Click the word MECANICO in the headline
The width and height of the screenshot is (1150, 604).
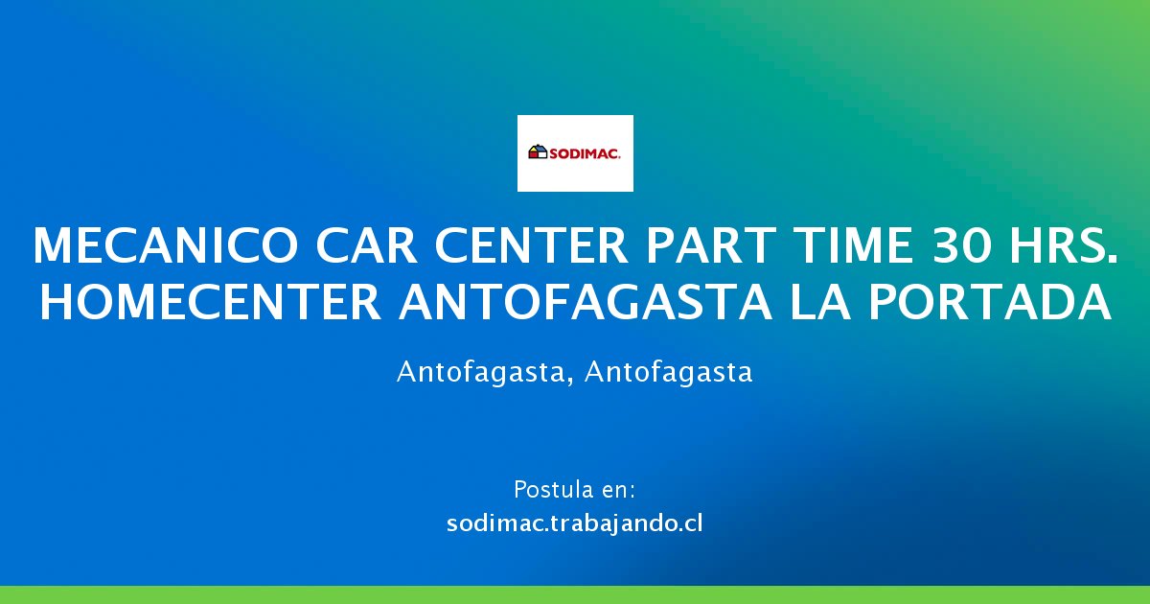165,245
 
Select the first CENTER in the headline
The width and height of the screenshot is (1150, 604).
531,245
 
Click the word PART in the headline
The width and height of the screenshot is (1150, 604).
711,245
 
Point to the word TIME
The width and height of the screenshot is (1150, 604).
853,245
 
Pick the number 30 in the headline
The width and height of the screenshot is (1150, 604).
960,245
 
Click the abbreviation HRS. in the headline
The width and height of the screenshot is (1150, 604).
1063,245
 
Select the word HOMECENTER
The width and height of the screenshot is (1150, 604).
211,302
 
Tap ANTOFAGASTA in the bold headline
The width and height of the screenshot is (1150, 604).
586,302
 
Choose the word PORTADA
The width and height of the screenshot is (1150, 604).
989,302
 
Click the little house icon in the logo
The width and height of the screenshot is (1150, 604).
538,152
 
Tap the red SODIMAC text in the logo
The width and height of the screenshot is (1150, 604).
586,153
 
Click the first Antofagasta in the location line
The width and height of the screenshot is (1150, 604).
480,372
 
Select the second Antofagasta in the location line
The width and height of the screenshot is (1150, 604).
669,372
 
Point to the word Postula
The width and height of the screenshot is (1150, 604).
551,490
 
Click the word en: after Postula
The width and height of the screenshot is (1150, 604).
616,491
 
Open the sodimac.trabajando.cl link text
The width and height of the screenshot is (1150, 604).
574,523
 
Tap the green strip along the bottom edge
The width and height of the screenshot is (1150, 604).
575,594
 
